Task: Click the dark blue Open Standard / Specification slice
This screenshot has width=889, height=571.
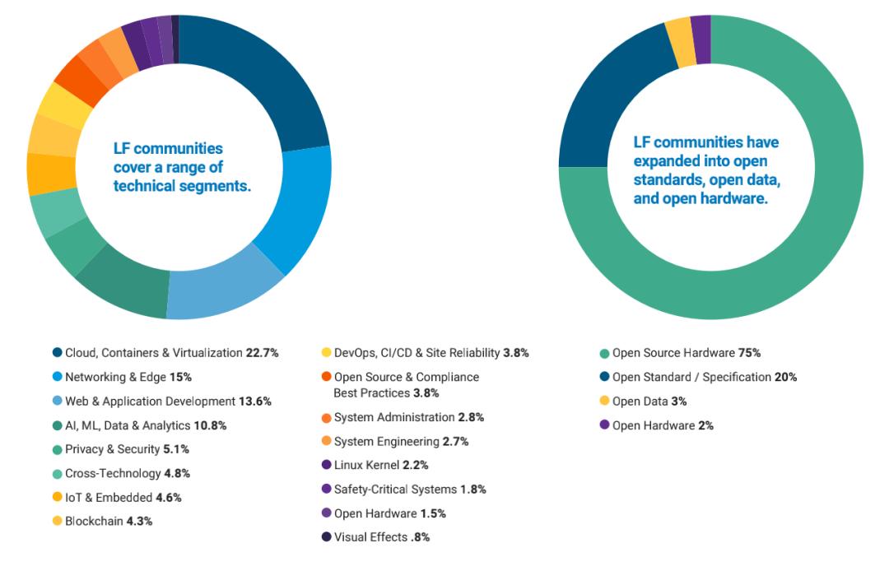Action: click(605, 99)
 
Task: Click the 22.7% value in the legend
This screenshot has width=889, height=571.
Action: click(262, 353)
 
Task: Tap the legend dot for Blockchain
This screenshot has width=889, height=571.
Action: click(57, 521)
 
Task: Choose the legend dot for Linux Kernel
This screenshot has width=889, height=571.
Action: click(327, 465)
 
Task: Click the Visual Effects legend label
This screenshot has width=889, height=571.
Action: click(370, 537)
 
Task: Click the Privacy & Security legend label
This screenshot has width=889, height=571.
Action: click(112, 449)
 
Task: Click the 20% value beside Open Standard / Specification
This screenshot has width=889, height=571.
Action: click(785, 377)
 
